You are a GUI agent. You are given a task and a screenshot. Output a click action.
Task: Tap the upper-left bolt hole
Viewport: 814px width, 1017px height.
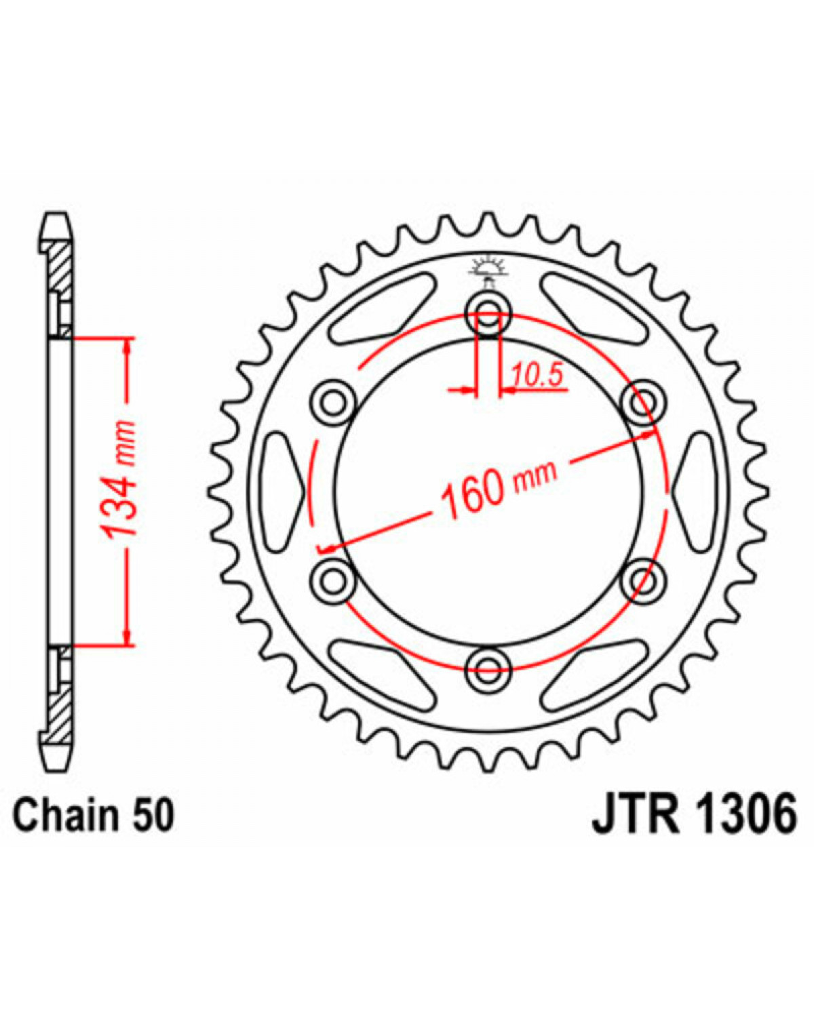coord(333,403)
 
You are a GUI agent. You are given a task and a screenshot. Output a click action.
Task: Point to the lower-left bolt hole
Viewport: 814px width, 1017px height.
coord(333,581)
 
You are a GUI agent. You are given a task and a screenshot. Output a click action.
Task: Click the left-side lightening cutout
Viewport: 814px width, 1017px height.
coord(282,492)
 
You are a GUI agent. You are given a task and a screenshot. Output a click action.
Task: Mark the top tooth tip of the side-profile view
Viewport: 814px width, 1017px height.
coord(56,213)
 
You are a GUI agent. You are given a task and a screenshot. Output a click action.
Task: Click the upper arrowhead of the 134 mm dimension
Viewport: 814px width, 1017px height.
coord(127,348)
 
